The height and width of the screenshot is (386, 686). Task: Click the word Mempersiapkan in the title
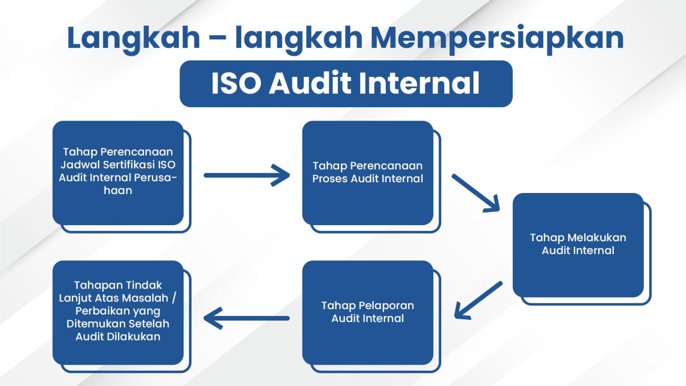coord(497,38)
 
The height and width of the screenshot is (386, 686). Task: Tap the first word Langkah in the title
coord(133,38)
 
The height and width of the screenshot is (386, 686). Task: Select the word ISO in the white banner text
coord(236,84)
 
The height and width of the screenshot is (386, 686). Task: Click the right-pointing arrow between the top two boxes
coord(247,175)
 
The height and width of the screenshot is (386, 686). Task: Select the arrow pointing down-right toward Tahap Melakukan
coord(476,193)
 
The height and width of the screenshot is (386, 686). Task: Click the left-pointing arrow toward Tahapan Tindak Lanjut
coord(247,318)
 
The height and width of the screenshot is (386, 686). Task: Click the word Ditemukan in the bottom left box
coord(93,323)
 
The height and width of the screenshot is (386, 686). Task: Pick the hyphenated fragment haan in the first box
coord(118,190)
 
